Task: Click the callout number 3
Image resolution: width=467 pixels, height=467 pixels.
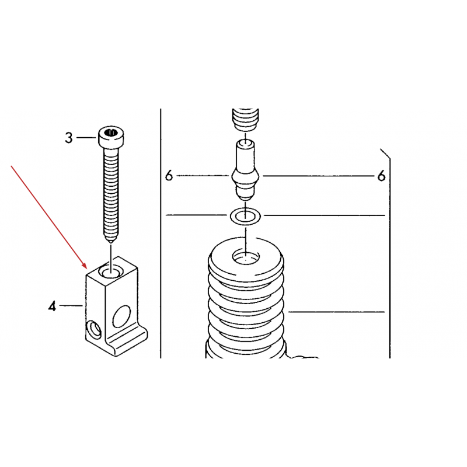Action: click(x=69, y=138)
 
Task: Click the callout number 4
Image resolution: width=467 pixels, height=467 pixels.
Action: click(x=52, y=306)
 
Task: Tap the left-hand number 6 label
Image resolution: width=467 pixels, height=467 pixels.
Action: click(x=169, y=176)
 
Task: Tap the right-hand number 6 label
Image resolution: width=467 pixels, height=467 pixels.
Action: click(x=381, y=176)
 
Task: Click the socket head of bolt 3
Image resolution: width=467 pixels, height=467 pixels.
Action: click(x=111, y=137)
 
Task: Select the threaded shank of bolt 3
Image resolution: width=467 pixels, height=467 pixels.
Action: click(x=111, y=194)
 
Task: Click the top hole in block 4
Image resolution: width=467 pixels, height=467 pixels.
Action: click(x=110, y=271)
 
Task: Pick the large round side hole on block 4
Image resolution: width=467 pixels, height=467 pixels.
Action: click(x=121, y=316)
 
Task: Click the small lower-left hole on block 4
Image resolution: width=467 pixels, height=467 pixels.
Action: click(x=93, y=330)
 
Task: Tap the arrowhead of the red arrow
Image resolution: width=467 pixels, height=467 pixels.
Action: click(x=83, y=266)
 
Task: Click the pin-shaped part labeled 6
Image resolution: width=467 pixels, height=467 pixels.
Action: click(x=245, y=170)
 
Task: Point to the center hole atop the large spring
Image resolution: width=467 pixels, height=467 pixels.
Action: click(x=246, y=256)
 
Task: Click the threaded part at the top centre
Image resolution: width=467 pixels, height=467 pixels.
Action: click(x=245, y=119)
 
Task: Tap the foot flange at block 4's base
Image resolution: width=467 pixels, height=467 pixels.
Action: click(x=127, y=343)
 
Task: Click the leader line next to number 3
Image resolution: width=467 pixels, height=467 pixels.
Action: click(x=86, y=138)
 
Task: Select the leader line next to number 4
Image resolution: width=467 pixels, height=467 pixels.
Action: click(x=71, y=305)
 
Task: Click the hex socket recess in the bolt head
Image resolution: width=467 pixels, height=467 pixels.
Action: click(x=111, y=132)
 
